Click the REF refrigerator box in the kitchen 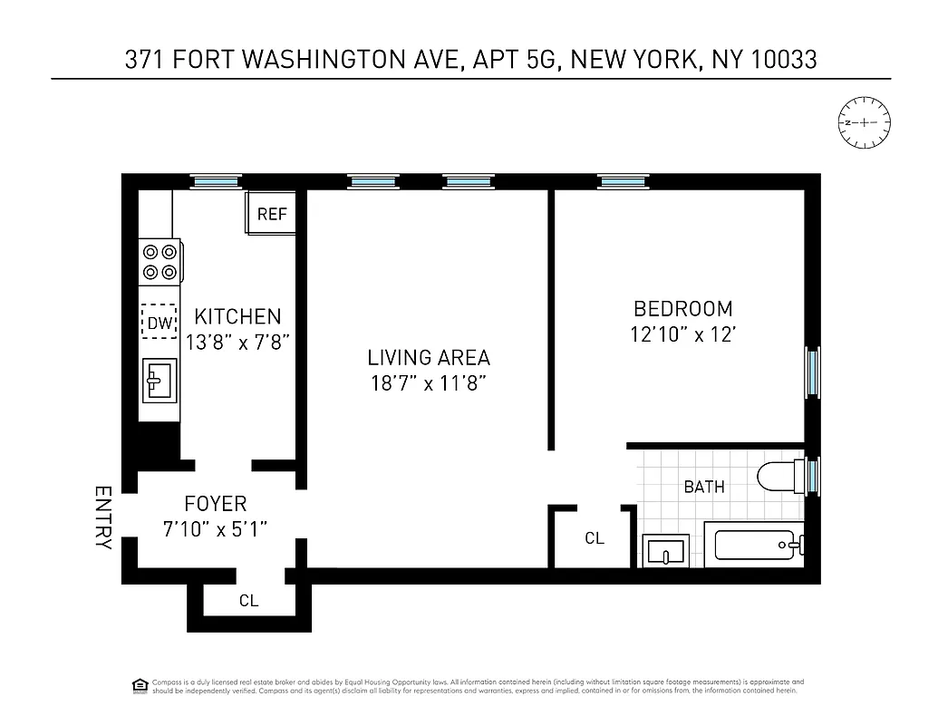tap(271, 215)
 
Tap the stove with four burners tap(160, 262)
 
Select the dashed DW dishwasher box tap(159, 321)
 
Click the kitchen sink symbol tap(160, 380)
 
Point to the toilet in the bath tap(778, 477)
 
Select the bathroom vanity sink tap(666, 550)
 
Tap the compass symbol tap(865, 122)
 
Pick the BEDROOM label tap(682, 309)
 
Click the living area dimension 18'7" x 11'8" tap(429, 382)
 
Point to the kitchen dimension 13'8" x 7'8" tap(237, 343)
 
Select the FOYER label tap(215, 504)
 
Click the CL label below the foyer tap(248, 600)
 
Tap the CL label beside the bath tap(595, 538)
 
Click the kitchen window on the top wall tap(218, 181)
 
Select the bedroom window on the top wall tap(624, 181)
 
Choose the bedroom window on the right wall tap(812, 372)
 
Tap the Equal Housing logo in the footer tap(140, 683)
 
